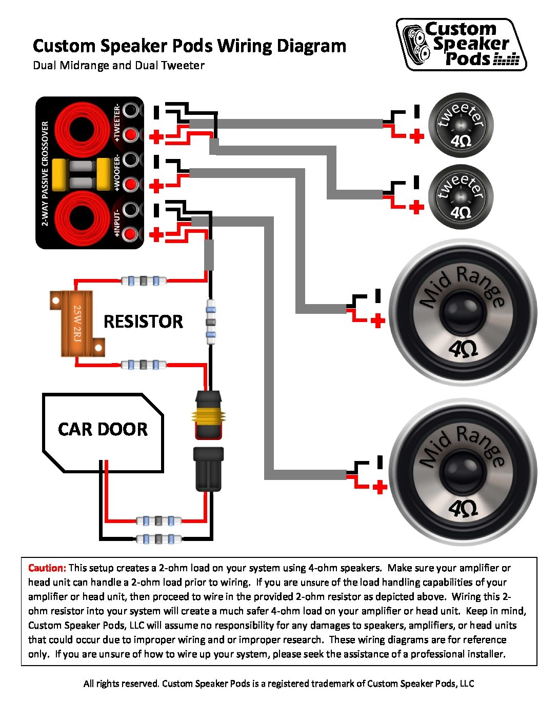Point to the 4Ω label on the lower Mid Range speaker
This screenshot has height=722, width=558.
pos(463,509)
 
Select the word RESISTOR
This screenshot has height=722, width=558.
pos(143,322)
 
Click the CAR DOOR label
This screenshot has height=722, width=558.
pos(103,429)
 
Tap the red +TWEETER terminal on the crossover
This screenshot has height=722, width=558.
pos(132,134)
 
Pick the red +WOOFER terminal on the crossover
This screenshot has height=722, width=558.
pos(132,184)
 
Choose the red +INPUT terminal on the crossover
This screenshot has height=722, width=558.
pos(132,234)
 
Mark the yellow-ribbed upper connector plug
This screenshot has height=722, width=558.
pos(208,415)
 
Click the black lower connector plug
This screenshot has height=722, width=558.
pos(208,469)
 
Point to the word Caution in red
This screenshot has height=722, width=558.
pos(47,568)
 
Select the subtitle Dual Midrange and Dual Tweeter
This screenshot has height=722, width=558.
pos(118,66)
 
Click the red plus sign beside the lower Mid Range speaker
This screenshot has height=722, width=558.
pos(379,487)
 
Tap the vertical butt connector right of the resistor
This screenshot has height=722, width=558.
pos(210,322)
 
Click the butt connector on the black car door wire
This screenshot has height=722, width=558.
pos(158,539)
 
